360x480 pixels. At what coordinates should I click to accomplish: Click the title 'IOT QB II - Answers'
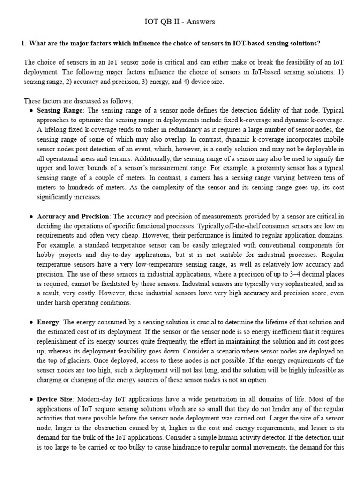click(180, 22)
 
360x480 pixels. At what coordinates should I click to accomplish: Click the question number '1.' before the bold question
click(24, 44)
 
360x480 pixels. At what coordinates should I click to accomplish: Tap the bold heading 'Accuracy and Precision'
click(73, 216)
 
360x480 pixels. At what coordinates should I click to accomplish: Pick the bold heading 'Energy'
click(48, 322)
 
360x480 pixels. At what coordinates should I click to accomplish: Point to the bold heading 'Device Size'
click(55, 399)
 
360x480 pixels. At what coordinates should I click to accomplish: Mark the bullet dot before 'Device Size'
click(31, 399)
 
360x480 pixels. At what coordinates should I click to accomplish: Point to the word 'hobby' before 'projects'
click(46, 255)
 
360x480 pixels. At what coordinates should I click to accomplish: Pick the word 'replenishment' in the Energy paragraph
click(56, 341)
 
